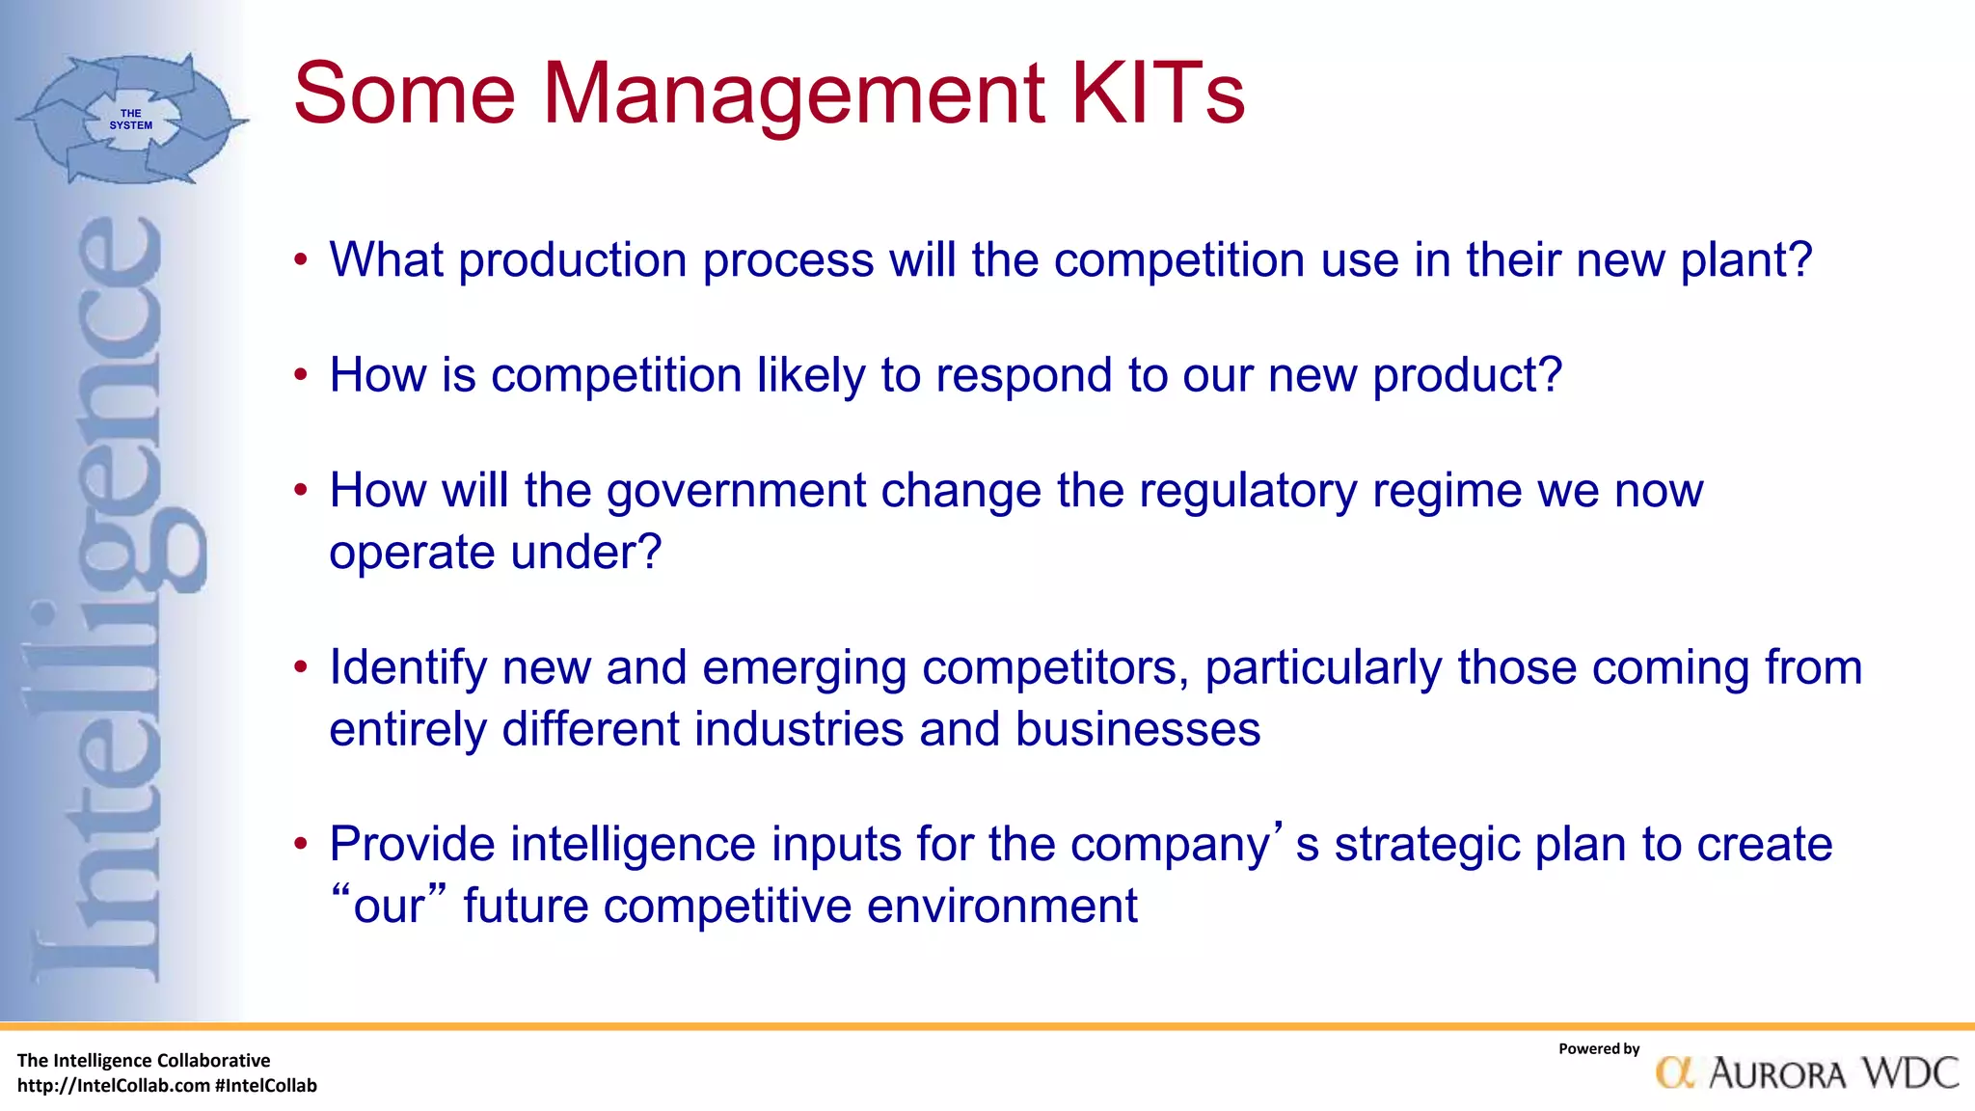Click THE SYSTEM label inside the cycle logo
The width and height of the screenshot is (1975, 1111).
coord(130,120)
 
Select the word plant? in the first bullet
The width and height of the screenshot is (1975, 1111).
coord(1746,260)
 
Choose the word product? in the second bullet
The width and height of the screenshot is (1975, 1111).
coord(1467,375)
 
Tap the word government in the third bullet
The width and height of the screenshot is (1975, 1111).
coord(736,491)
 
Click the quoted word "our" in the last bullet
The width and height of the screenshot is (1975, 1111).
coord(389,906)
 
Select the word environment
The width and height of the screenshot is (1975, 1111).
coord(1002,907)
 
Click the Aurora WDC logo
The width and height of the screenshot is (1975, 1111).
coord(1806,1072)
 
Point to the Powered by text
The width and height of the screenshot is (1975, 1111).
coord(1598,1049)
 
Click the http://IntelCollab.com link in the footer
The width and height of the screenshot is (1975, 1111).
coord(114,1086)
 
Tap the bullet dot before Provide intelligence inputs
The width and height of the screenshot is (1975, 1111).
coord(301,846)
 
